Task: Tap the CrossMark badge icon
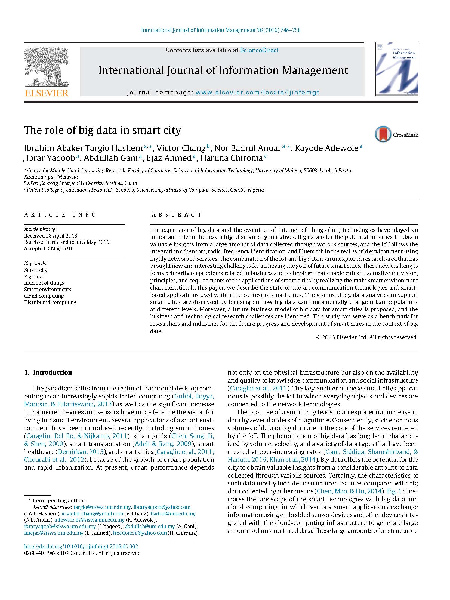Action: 383,134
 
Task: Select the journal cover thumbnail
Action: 396,69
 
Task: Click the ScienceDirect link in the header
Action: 259,50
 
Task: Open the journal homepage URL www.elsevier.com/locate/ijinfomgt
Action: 257,93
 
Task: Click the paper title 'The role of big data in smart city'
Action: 102,130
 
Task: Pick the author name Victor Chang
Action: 181,148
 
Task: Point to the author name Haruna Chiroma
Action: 232,158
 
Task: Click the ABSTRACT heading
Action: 177,215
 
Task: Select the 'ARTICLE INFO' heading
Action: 60,215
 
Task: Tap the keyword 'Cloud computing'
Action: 44,296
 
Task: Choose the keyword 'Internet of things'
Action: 44,283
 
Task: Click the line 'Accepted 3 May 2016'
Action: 49,248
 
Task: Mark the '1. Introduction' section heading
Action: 48,373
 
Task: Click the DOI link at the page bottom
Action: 81,546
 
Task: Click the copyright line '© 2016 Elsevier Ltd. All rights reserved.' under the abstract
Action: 366,337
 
